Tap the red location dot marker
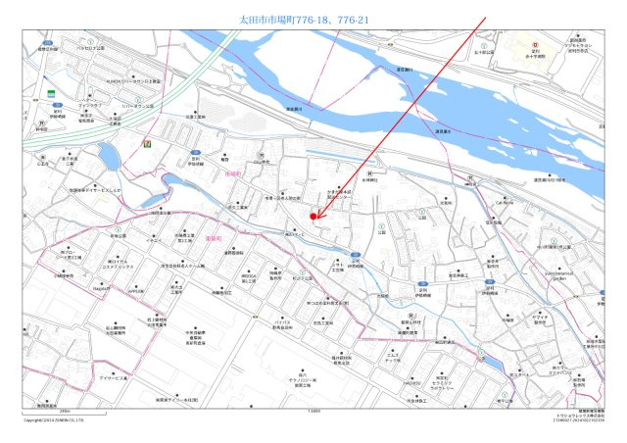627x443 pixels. [313, 215]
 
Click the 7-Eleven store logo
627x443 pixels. [148, 143]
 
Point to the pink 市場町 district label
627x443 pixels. [232, 172]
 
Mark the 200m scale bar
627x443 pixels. [63, 411]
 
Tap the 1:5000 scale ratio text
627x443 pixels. [313, 412]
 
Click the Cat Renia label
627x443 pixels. [504, 202]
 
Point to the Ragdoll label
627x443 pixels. [100, 288]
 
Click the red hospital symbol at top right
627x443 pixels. [535, 45]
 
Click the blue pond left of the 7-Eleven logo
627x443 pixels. [108, 157]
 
